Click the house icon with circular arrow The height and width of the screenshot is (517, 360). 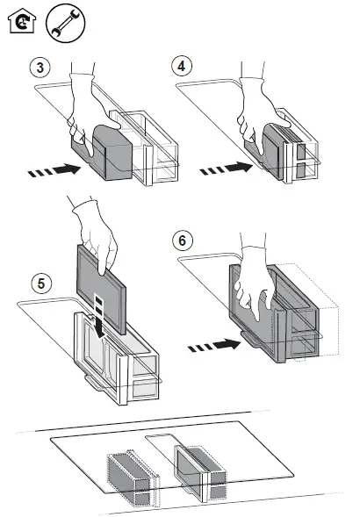21,21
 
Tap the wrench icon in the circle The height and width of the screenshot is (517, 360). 65,23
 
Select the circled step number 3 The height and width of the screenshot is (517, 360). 40,68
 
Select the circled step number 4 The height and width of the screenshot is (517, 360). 182,66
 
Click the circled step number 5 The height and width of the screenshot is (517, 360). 41,284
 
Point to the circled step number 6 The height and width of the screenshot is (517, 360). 183,241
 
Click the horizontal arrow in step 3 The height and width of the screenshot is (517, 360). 54,170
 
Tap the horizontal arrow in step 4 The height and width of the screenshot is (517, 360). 226,169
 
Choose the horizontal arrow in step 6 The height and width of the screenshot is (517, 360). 214,345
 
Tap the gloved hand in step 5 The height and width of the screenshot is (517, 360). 94,234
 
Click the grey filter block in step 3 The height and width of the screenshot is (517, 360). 112,153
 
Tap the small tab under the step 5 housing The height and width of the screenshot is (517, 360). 97,383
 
